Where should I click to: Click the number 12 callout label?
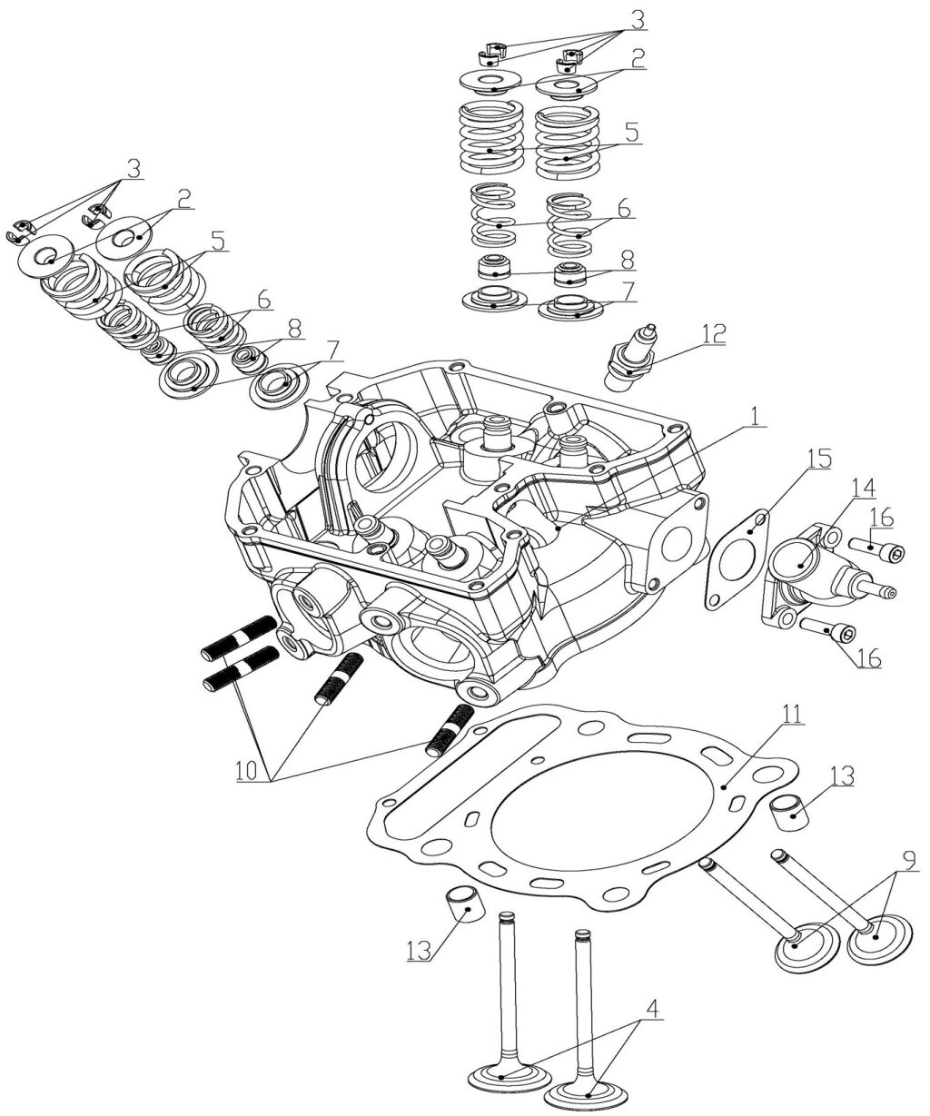pos(713,332)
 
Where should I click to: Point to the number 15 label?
pos(818,458)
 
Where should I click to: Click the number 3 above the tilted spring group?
pos(134,169)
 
